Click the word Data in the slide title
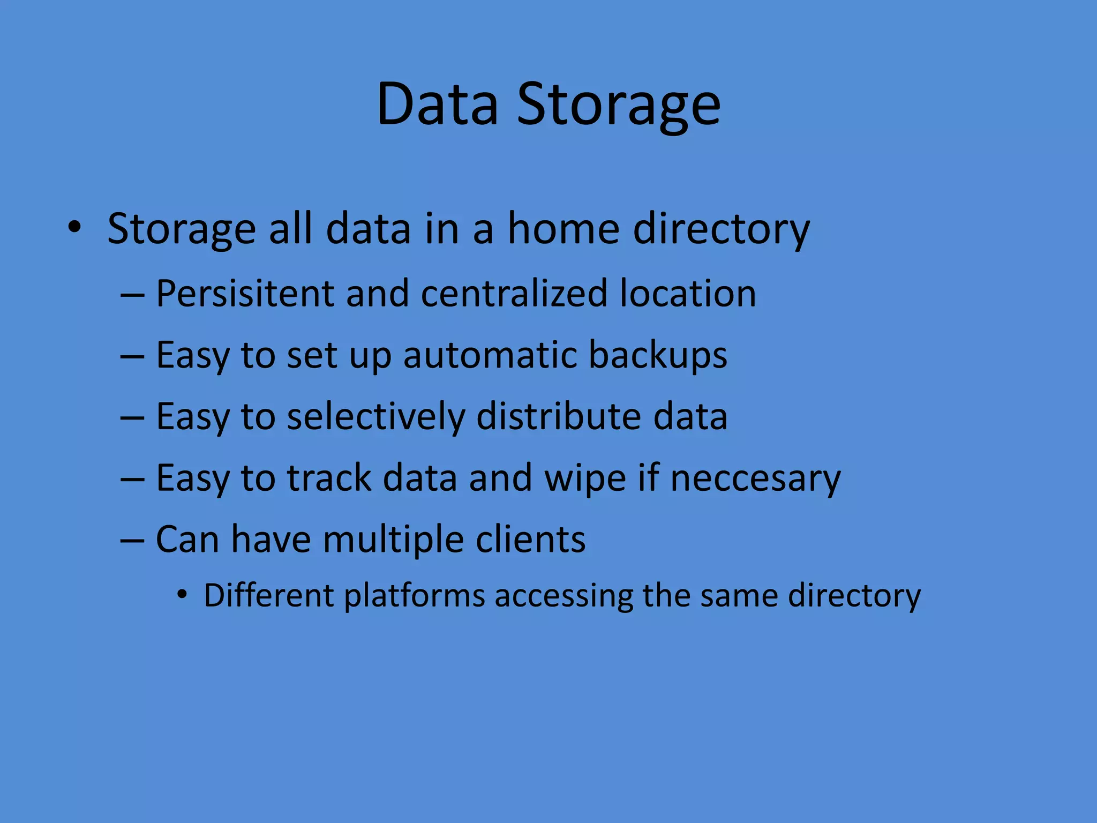click(437, 104)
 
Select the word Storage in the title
click(618, 105)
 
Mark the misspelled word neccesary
click(755, 478)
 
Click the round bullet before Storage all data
click(75, 227)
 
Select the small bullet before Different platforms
click(183, 594)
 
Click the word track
click(329, 478)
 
